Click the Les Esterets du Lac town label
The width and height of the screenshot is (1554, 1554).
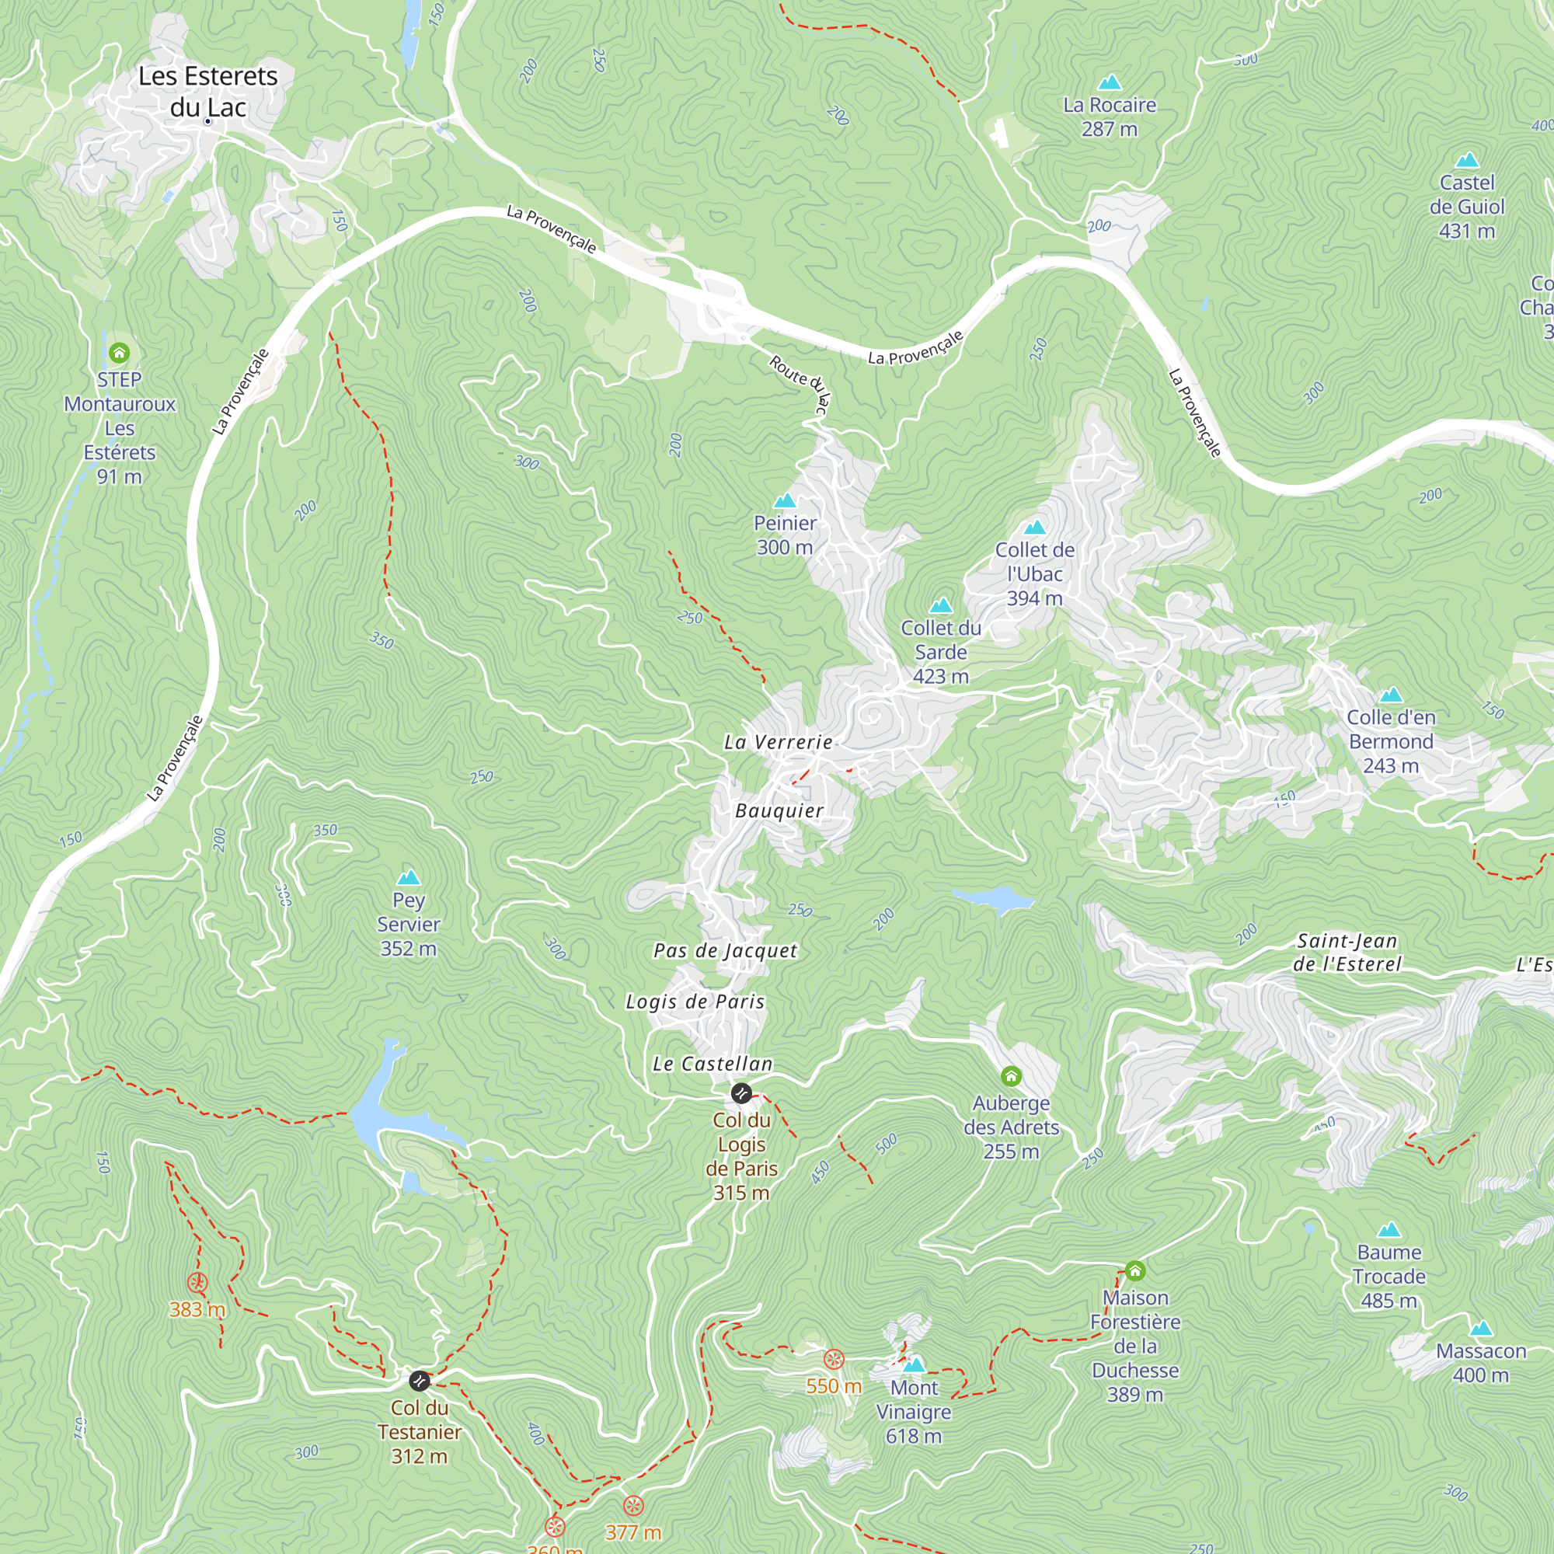click(207, 91)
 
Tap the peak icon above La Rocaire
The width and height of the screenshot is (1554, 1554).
click(1110, 82)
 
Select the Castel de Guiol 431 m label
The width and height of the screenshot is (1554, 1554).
click(1466, 207)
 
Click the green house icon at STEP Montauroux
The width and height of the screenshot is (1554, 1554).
click(119, 352)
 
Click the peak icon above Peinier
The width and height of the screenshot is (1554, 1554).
click(784, 501)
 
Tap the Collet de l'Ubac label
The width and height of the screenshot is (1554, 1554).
click(1034, 573)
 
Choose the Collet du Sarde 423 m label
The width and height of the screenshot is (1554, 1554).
click(940, 652)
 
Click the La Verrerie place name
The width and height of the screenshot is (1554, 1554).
click(778, 741)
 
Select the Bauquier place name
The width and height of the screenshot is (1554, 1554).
click(779, 810)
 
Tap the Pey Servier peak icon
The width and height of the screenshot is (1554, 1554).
click(409, 876)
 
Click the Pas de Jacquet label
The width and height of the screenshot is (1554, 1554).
click(725, 950)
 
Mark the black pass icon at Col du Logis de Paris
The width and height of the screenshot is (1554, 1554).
click(740, 1093)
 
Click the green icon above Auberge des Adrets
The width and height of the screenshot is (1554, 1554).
click(1011, 1076)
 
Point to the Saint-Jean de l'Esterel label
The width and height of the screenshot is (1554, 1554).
click(1347, 952)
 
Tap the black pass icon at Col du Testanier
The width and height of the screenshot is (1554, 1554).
click(419, 1381)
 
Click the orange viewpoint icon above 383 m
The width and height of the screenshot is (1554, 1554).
click(197, 1283)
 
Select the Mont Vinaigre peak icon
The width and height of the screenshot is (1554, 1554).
click(914, 1364)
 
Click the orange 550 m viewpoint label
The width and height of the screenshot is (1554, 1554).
click(833, 1386)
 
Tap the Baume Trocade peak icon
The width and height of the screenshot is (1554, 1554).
click(1389, 1230)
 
